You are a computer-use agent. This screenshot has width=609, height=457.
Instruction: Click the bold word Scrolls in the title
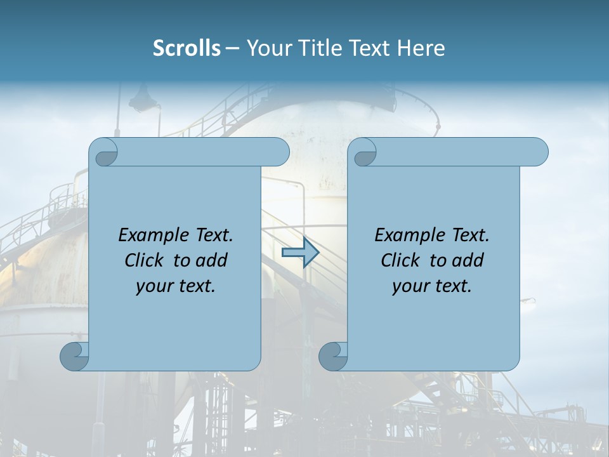[x=187, y=48]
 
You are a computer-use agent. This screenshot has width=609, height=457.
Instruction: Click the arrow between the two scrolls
[x=300, y=253]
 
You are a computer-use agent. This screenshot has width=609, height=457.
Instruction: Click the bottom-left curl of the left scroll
[x=74, y=355]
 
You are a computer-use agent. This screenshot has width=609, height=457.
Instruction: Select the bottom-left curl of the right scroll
[x=333, y=355]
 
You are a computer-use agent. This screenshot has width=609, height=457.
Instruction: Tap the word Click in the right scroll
[x=399, y=261]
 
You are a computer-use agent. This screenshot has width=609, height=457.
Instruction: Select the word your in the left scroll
[x=152, y=287]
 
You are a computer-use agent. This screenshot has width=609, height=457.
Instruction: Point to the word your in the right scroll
[x=409, y=287]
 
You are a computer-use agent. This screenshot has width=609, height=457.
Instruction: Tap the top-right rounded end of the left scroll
[x=279, y=152]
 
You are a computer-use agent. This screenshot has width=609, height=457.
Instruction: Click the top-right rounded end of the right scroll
[x=538, y=152]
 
